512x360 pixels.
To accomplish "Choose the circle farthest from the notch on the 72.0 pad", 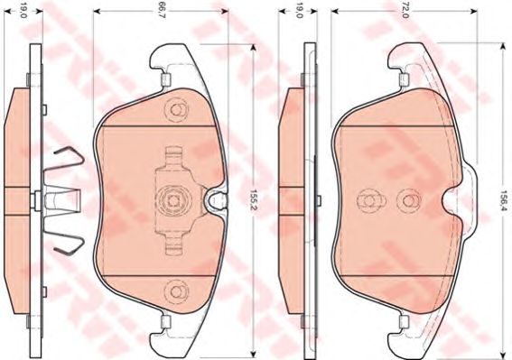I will (x=368, y=200).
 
